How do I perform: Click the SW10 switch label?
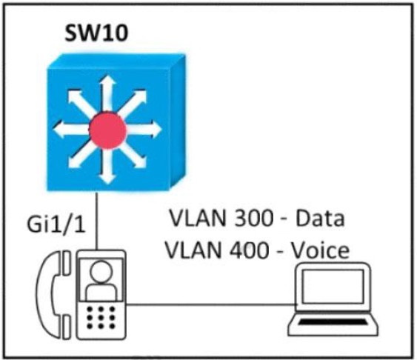point(96,33)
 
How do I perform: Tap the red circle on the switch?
point(107,130)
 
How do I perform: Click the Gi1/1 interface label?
point(56,224)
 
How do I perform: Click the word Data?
point(320,219)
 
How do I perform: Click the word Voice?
point(321,250)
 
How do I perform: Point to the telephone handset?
point(55,295)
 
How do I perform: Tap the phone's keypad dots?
point(101,318)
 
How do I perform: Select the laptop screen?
point(333,286)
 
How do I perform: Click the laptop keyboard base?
point(333,324)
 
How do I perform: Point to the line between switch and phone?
point(97,221)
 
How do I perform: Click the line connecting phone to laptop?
point(211,304)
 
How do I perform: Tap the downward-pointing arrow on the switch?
point(107,166)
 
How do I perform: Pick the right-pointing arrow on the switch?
point(144,130)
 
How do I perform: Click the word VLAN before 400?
point(193,250)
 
